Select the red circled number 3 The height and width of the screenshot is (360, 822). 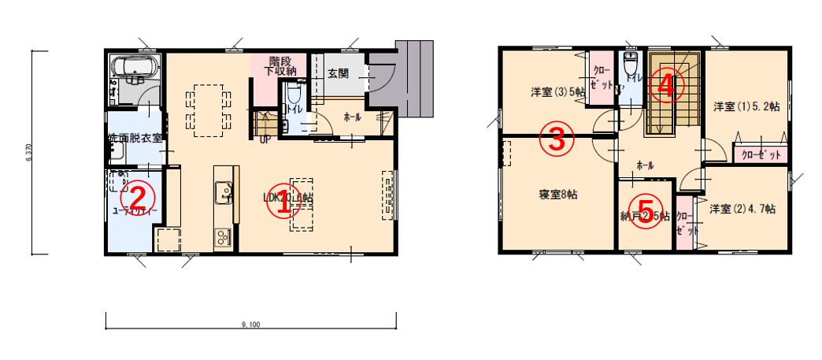[556, 140]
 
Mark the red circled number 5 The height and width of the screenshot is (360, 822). [645, 216]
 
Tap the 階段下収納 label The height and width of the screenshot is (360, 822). [280, 66]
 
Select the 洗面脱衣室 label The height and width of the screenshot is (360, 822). [135, 138]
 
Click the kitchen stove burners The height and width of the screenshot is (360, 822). [221, 235]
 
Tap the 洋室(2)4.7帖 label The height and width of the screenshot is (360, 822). [742, 209]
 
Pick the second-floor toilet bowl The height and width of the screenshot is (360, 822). [629, 65]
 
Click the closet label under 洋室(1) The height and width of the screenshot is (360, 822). [761, 154]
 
